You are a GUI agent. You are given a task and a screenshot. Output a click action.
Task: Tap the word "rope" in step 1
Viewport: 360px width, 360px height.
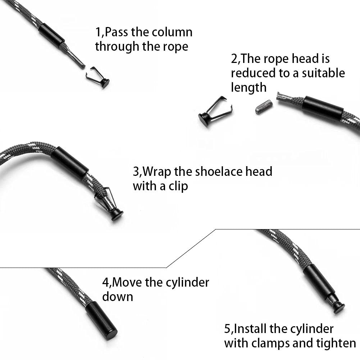[175, 47]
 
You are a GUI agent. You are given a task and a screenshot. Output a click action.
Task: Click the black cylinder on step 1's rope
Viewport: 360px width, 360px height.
[51, 35]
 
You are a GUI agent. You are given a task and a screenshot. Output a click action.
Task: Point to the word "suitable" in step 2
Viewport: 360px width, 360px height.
[323, 73]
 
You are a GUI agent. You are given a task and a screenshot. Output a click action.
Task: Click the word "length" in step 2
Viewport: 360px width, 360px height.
[249, 87]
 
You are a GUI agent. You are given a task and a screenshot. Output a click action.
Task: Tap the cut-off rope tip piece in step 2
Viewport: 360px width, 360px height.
[264, 107]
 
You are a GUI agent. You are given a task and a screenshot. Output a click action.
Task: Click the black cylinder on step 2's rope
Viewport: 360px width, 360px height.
[323, 108]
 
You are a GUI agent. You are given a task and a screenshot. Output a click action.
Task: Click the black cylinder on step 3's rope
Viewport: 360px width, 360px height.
[70, 163]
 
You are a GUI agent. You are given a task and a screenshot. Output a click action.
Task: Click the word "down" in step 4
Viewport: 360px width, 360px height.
[118, 297]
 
